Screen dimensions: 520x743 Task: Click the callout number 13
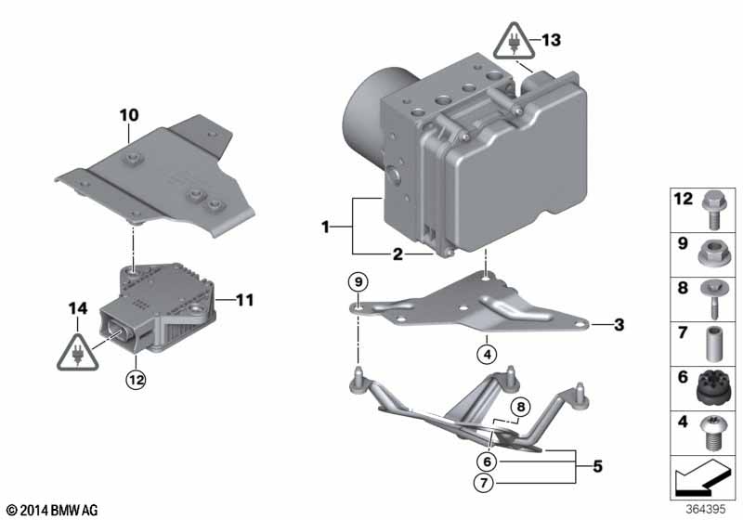tap(551, 40)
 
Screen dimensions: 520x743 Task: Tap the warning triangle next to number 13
tap(513, 42)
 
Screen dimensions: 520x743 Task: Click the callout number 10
tap(128, 114)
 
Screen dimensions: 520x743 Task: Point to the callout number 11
tap(243, 300)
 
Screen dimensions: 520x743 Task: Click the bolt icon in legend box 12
tap(713, 208)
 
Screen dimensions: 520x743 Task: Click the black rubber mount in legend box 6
tap(713, 384)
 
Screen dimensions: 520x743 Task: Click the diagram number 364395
tap(706, 509)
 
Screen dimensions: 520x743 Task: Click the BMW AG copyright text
tap(51, 510)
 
